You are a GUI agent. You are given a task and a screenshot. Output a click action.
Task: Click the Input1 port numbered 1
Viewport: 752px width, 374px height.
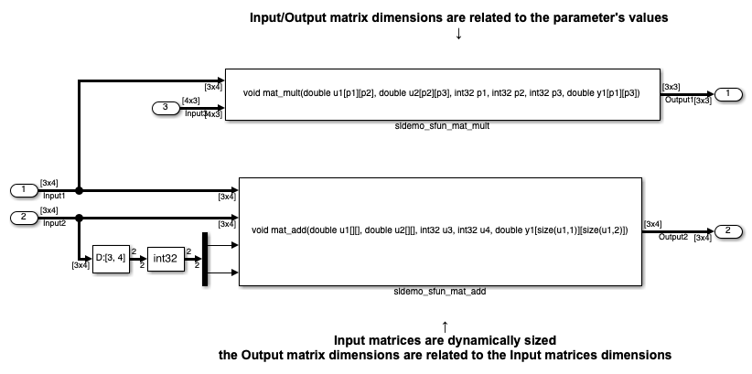pyautogui.click(x=24, y=190)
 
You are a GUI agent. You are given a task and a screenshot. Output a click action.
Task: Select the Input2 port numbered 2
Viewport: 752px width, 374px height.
pyautogui.click(x=24, y=218)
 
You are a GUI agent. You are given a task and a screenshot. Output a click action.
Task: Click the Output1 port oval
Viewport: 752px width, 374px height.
pyautogui.click(x=728, y=94)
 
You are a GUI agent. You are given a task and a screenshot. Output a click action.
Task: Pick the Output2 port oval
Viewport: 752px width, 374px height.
pyautogui.click(x=728, y=231)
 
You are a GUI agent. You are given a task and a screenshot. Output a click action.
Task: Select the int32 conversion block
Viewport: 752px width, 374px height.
pyautogui.click(x=166, y=259)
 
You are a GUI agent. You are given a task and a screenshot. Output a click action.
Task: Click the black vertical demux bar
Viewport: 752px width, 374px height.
pyautogui.click(x=205, y=259)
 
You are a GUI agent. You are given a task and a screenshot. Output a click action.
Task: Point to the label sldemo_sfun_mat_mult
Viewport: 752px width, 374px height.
pyautogui.click(x=442, y=126)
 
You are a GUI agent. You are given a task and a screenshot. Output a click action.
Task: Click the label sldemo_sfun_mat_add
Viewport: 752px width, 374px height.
pyautogui.click(x=440, y=291)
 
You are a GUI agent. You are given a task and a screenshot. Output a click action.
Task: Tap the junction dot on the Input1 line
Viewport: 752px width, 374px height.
pyautogui.click(x=79, y=190)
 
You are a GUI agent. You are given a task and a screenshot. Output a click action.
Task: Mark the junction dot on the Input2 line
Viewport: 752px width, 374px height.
pyautogui.click(x=79, y=218)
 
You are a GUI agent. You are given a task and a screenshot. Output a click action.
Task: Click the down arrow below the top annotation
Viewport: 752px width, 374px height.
pyautogui.click(x=458, y=34)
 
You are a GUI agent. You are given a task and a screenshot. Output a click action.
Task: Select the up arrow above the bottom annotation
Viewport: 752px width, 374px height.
pyautogui.click(x=445, y=326)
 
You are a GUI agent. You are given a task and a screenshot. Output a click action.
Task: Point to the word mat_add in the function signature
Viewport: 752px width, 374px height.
pyautogui.click(x=289, y=230)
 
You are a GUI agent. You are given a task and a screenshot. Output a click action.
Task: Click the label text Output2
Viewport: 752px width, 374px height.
pyautogui.click(x=673, y=237)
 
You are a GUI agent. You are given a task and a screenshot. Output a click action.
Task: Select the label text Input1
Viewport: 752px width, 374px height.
pyautogui.click(x=54, y=196)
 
